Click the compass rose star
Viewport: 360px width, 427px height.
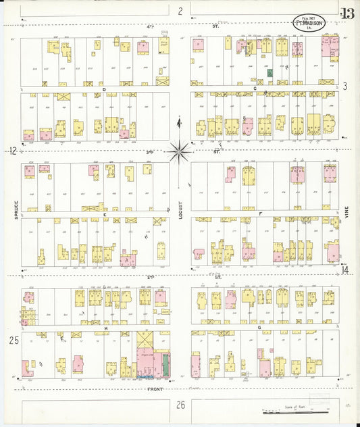(x=180, y=151)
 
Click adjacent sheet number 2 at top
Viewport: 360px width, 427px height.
(x=180, y=10)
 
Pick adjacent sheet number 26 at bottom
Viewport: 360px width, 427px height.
(x=180, y=405)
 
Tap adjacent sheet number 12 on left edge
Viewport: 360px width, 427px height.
(x=12, y=151)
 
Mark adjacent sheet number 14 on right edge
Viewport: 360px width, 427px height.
(x=345, y=270)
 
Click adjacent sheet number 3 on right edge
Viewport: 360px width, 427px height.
(x=344, y=86)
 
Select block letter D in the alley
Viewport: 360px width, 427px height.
(x=104, y=89)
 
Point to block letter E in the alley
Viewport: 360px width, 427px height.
(x=105, y=214)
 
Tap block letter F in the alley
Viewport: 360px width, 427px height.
(x=261, y=214)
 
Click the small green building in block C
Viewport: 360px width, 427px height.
(x=269, y=72)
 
